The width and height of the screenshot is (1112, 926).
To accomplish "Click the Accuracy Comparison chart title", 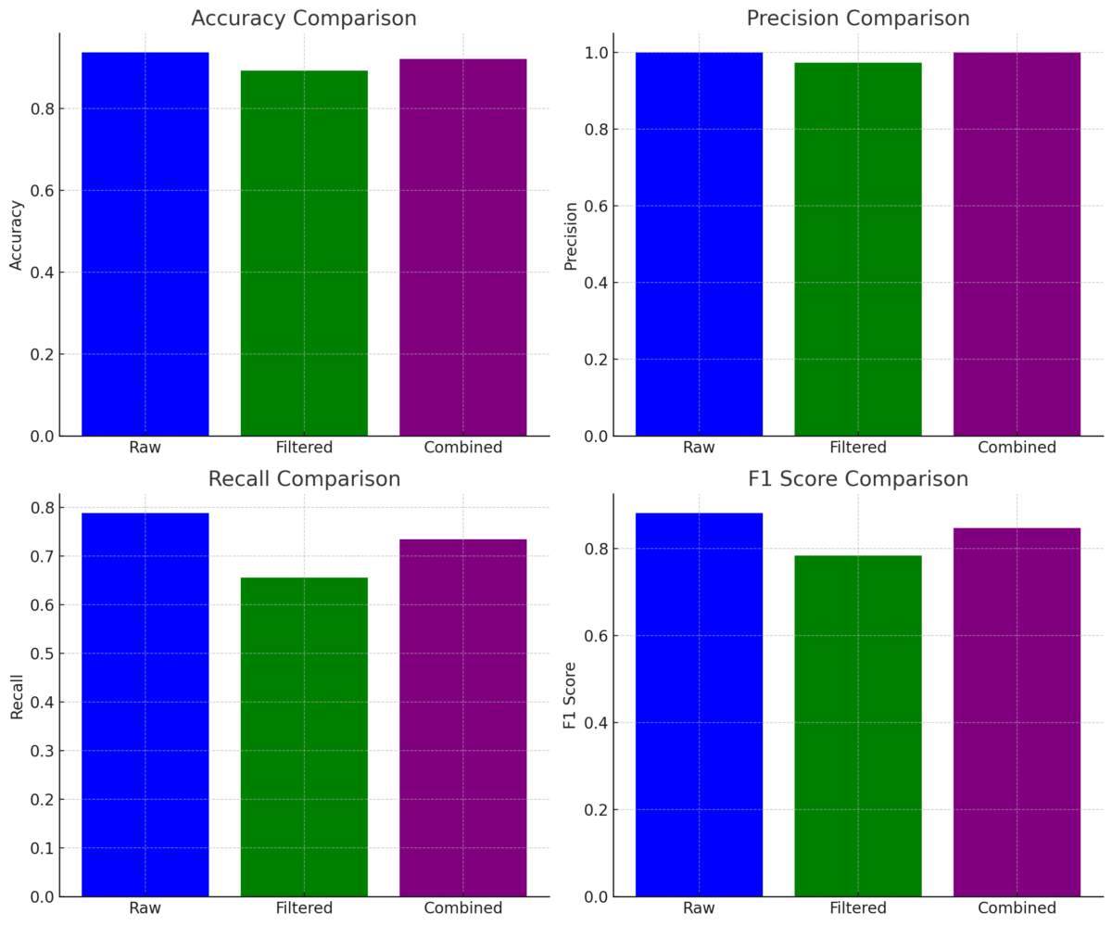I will click(304, 19).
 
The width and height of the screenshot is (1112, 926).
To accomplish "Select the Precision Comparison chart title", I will click(858, 19).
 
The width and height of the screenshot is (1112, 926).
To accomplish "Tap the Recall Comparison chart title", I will click(304, 479).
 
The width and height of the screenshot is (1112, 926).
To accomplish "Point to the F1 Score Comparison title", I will click(858, 479).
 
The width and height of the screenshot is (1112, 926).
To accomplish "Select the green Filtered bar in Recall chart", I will click(304, 737).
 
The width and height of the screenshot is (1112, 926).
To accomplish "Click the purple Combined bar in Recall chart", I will click(462, 717).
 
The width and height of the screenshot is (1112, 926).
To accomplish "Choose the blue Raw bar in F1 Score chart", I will click(699, 704).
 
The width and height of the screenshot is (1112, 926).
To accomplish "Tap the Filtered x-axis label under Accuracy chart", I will click(304, 448).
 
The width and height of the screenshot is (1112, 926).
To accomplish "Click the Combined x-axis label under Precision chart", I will click(1017, 448).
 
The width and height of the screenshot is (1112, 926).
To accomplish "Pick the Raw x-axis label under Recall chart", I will click(145, 908).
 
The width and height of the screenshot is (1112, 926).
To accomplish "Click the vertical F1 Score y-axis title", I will click(570, 695).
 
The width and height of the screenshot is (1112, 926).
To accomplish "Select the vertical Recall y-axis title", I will click(17, 695).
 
